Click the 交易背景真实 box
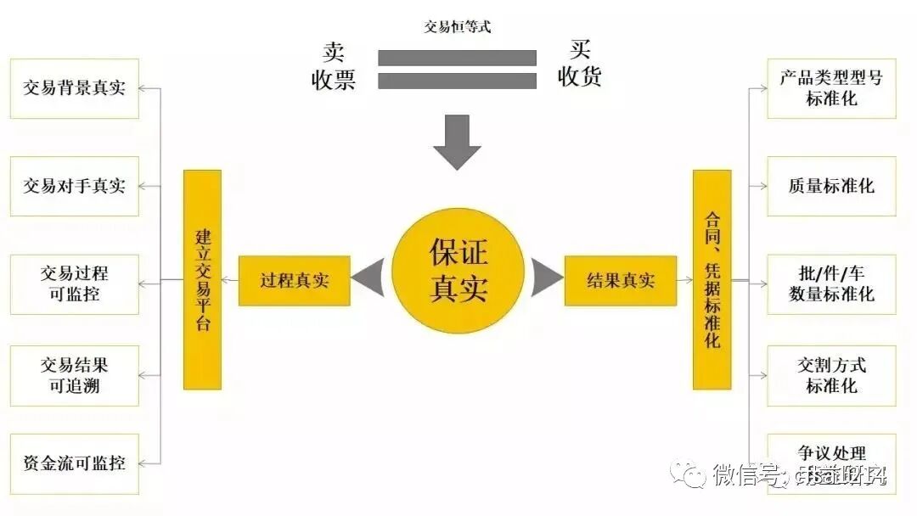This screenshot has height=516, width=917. pyautogui.click(x=74, y=88)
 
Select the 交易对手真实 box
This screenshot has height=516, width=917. pyautogui.click(x=74, y=186)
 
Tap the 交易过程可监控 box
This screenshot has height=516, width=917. pyautogui.click(x=74, y=284)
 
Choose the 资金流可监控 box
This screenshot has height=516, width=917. pyautogui.click(x=74, y=463)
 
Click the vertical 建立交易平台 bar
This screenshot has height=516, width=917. pyautogui.click(x=202, y=279)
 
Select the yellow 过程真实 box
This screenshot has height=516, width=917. pyautogui.click(x=294, y=280)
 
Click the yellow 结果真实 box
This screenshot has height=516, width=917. pyautogui.click(x=621, y=280)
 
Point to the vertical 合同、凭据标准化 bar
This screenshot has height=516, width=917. pyautogui.click(x=712, y=279)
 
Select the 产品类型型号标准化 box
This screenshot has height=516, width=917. pyautogui.click(x=831, y=88)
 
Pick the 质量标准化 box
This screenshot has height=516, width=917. pyautogui.click(x=831, y=186)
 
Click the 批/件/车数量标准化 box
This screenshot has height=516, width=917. pyautogui.click(x=831, y=284)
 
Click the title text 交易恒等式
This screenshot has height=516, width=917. pyautogui.click(x=458, y=26)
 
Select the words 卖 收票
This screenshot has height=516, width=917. pyautogui.click(x=333, y=65)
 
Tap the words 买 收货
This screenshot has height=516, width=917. pyautogui.click(x=580, y=64)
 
